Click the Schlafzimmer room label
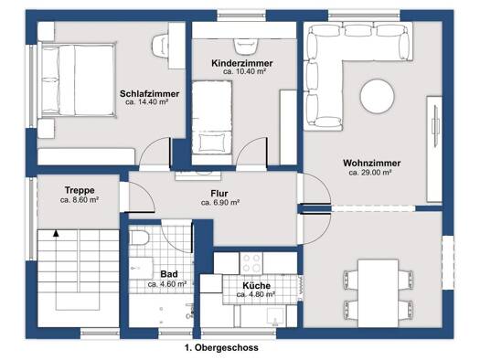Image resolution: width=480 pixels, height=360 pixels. point(149,93)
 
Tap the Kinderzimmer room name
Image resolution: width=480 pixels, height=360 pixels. point(242,64)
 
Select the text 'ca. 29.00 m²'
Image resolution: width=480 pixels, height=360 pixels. point(370,173)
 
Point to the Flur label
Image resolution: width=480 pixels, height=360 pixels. point(219,194)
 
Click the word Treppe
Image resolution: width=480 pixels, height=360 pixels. point(80,190)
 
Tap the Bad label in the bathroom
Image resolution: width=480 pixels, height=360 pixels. point(169,274)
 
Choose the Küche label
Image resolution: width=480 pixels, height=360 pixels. point(257,286)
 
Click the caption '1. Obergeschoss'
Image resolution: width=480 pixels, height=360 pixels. point(221,348)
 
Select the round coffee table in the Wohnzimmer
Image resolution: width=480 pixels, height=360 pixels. point(377,96)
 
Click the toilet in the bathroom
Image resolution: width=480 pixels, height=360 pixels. point(139,238)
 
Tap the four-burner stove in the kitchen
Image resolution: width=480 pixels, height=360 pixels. point(251,264)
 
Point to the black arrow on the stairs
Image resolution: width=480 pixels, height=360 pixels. point(56,233)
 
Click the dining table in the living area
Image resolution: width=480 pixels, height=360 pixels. point(379,293)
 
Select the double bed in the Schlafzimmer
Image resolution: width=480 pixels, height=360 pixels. point(77,80)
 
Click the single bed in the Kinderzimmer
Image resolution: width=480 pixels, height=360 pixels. point(212,118)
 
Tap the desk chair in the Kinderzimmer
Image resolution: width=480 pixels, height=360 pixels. point(246,47)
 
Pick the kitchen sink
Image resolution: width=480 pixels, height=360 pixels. point(275,316)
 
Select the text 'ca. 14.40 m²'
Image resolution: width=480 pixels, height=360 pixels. point(146,102)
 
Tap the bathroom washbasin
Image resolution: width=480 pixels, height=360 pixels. point(141,268)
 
